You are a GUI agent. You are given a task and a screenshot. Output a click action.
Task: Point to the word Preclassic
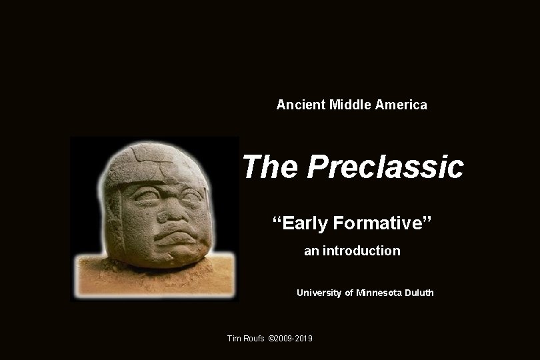pos(385,167)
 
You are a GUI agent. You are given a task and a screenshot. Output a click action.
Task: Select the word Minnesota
pos(379,293)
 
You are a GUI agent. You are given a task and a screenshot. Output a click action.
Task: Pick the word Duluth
pos(419,293)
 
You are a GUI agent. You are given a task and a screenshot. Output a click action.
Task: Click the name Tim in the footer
pos(235,339)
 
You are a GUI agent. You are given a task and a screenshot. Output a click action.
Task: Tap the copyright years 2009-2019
pos(293,339)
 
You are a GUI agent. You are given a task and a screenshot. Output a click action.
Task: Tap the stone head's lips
pos(172,233)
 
